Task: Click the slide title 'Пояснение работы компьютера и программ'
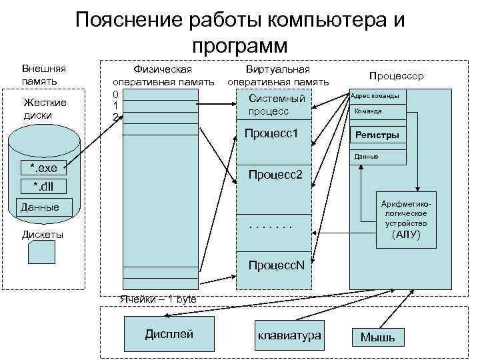point(240,32)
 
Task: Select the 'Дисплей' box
point(169,333)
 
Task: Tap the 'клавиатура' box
point(289,335)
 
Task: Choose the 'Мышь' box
point(377,337)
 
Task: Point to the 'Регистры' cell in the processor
point(377,135)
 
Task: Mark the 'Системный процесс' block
point(277,105)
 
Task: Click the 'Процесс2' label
point(275,175)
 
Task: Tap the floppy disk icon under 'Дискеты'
point(42,253)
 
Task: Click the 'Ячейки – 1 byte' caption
point(158,299)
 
